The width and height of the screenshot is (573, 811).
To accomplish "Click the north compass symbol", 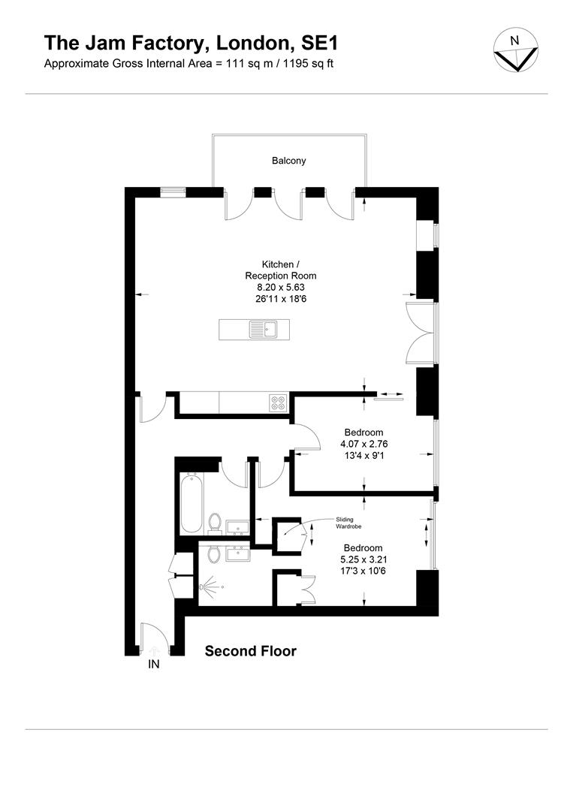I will click(514, 51).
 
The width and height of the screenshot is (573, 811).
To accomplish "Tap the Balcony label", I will click(289, 161).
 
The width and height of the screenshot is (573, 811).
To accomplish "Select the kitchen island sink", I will click(264, 328).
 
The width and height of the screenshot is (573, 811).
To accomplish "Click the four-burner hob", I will click(278, 403).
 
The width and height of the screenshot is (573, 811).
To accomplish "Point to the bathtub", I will click(188, 500).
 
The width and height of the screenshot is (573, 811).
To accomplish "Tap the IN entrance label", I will click(154, 664).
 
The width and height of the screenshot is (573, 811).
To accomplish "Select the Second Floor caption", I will click(251, 651).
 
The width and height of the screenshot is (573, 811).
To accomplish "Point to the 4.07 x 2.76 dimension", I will click(364, 444).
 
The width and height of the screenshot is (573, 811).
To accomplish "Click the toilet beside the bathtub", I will click(216, 522).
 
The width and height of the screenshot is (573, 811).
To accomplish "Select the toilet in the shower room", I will click(214, 554).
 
